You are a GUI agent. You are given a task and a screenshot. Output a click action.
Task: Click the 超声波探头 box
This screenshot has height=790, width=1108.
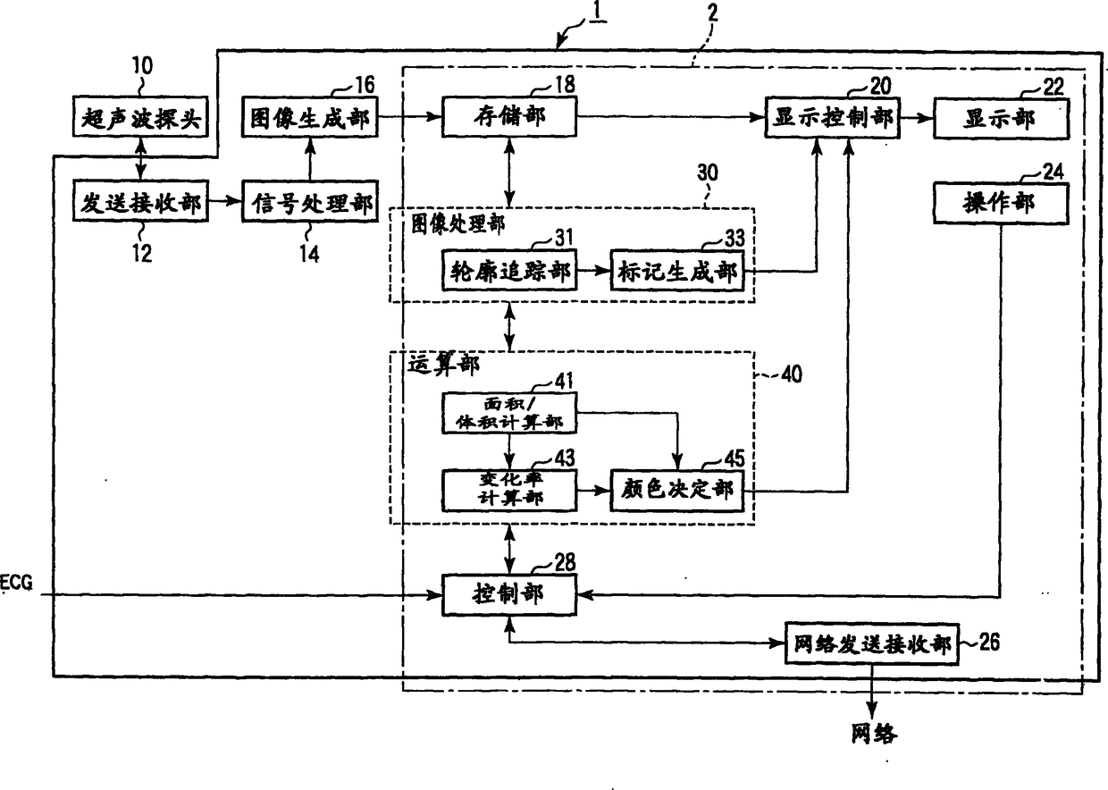(140, 117)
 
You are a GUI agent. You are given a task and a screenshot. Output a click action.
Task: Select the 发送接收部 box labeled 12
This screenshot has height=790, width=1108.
(140, 201)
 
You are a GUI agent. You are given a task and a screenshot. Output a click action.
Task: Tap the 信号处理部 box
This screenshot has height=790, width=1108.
(310, 201)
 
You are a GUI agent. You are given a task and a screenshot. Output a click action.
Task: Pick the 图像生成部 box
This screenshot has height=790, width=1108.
(310, 117)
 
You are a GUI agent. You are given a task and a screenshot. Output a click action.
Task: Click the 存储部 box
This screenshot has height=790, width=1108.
(509, 117)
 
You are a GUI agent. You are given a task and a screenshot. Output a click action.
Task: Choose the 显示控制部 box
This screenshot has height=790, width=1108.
(833, 118)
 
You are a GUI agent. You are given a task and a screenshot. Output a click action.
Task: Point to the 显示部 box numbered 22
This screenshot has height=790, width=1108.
(1002, 119)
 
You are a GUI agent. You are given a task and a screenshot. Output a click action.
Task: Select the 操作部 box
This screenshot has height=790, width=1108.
(1002, 204)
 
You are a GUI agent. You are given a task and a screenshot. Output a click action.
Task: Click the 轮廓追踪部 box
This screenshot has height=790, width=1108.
(509, 270)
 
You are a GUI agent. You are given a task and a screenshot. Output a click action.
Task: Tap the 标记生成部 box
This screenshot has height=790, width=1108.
(677, 271)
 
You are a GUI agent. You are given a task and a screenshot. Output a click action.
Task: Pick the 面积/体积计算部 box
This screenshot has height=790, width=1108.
(509, 413)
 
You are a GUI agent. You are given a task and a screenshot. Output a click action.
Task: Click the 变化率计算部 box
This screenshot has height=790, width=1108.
(509, 491)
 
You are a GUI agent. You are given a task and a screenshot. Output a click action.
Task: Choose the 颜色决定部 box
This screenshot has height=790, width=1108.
(677, 491)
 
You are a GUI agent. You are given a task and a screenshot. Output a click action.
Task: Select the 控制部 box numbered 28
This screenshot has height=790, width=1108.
(509, 594)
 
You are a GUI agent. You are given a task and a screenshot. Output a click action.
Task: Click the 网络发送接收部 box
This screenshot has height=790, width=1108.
(872, 644)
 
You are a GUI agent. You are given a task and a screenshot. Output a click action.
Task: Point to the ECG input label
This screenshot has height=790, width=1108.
(16, 583)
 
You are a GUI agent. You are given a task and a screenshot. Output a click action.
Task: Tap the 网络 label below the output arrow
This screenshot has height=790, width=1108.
(874, 734)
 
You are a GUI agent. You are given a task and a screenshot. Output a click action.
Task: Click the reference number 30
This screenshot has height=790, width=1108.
(708, 172)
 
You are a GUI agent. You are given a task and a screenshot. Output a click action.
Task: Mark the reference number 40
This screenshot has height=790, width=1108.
(792, 374)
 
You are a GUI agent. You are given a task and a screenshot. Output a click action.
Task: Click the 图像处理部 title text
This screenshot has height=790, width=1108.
(458, 224)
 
